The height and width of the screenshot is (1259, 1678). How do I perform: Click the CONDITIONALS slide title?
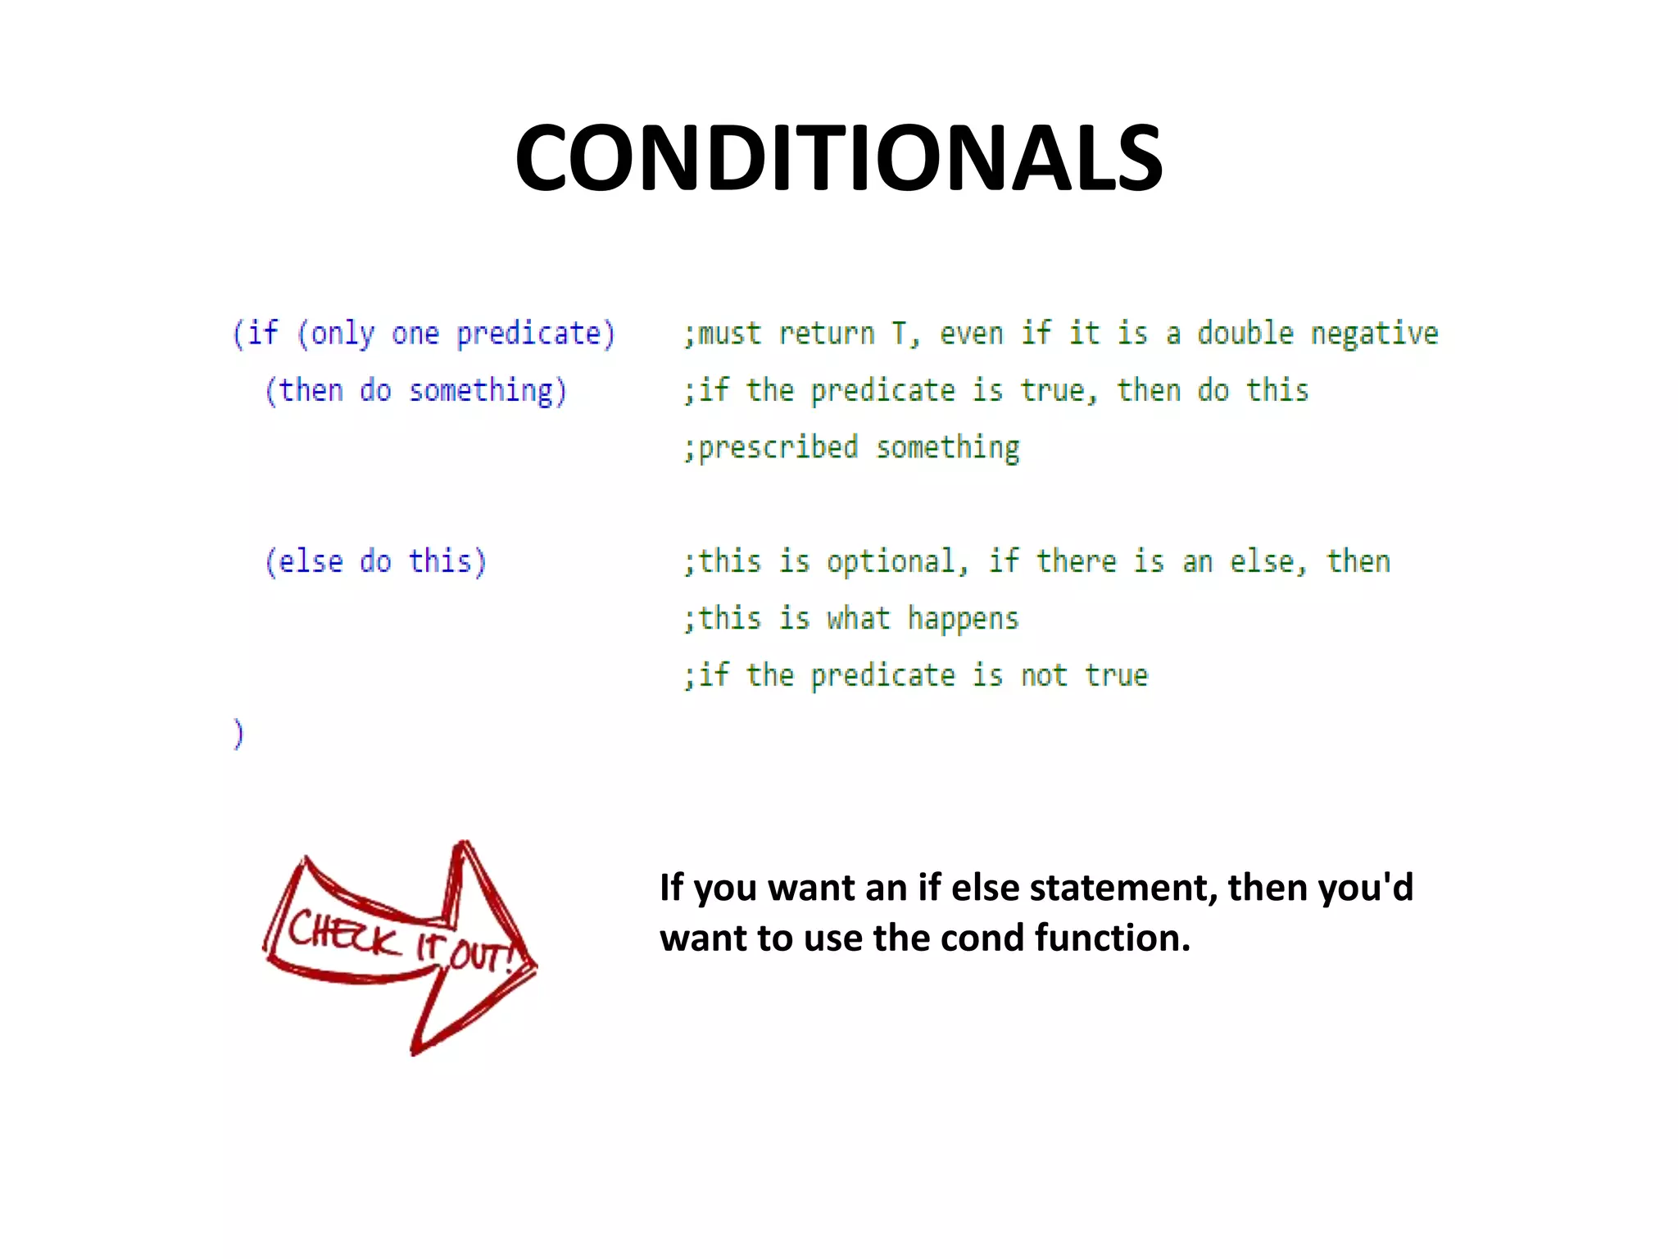click(838, 157)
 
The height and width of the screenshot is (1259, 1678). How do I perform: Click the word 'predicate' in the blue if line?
click(528, 334)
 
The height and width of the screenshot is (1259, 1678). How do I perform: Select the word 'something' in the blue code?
click(481, 392)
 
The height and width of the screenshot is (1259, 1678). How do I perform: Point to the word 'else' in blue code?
click(311, 562)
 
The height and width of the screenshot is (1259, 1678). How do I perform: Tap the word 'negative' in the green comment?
click(1374, 334)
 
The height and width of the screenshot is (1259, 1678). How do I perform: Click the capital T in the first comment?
click(899, 334)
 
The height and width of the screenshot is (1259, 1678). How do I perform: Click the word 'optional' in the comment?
click(891, 562)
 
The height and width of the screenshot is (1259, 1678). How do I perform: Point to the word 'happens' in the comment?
click(963, 619)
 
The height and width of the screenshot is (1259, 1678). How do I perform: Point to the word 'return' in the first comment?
click(826, 334)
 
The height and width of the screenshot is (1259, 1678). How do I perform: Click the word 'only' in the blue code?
click(342, 334)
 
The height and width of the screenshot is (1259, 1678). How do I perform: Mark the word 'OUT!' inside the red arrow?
click(482, 957)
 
